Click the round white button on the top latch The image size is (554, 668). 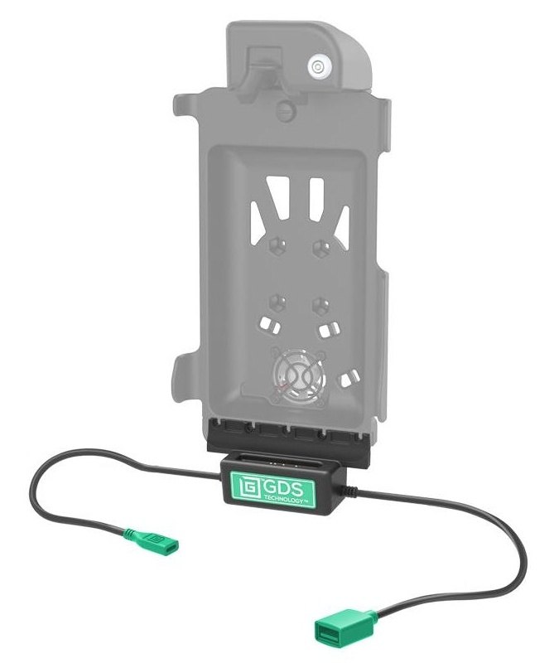click(317, 66)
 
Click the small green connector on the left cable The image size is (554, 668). click(153, 542)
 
